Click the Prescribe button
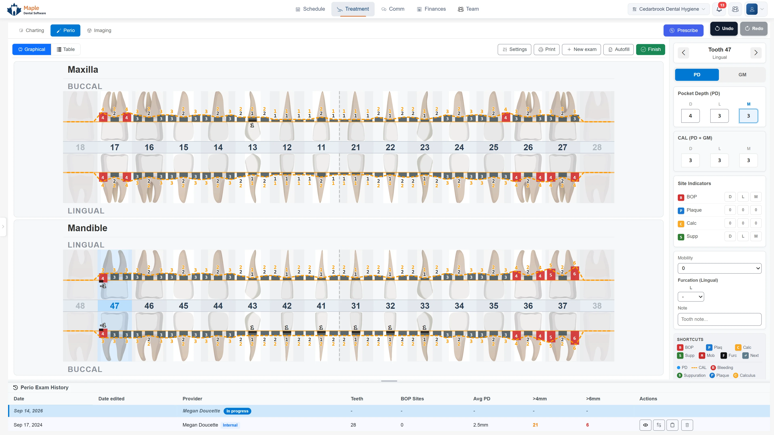[x=683, y=30]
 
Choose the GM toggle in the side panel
[x=742, y=75]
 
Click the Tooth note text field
[x=719, y=319]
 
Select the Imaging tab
[x=99, y=30]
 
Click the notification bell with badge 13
[x=719, y=9]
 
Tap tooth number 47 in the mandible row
[x=114, y=306]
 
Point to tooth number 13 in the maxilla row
[x=252, y=147]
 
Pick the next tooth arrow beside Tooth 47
[x=756, y=53]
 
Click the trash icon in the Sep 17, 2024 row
[x=687, y=425]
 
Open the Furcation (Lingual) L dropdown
[x=691, y=297]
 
